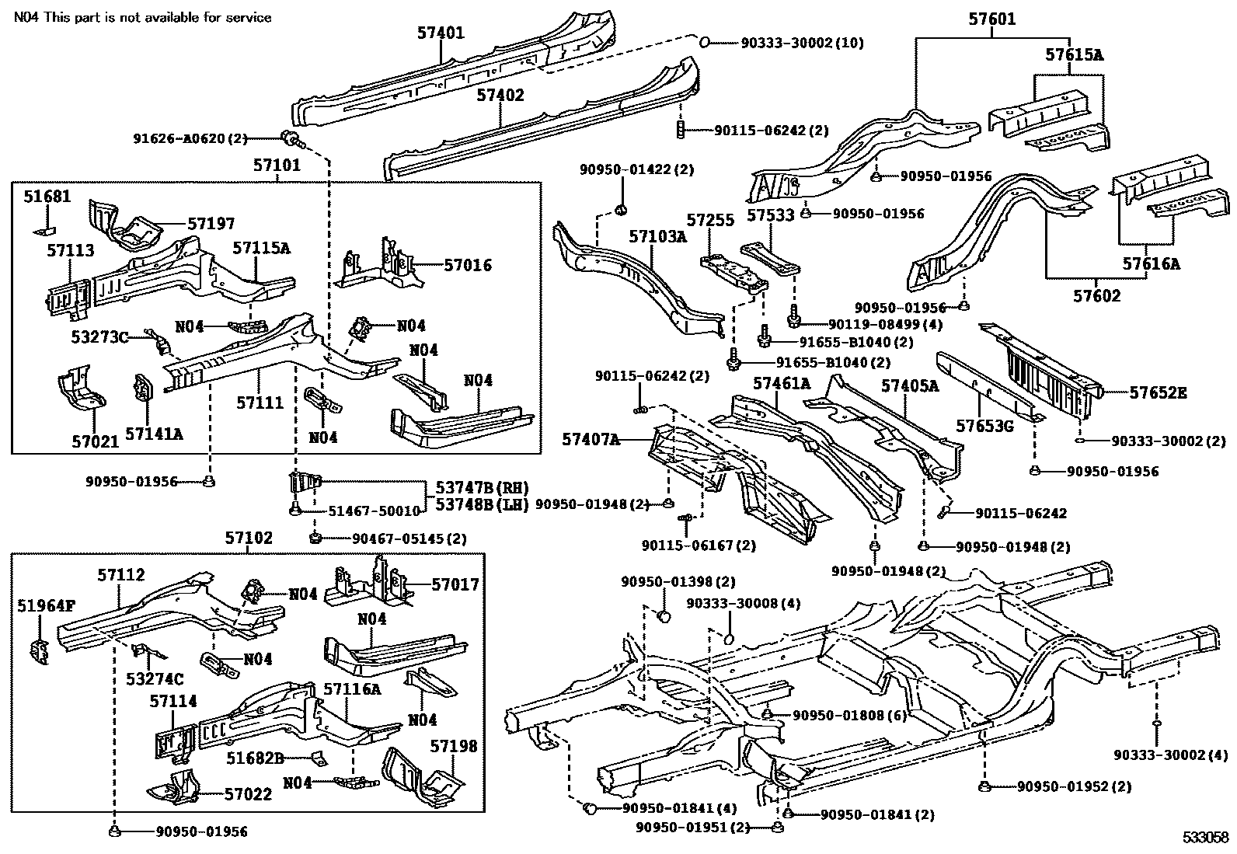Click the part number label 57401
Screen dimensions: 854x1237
(x=441, y=33)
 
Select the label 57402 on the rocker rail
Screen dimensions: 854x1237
(x=500, y=96)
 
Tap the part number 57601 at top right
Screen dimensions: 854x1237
(x=992, y=19)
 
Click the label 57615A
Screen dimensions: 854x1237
(x=1075, y=55)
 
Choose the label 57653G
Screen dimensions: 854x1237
(x=984, y=427)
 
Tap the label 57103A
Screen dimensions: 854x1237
(x=658, y=236)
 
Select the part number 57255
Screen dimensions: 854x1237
(x=710, y=220)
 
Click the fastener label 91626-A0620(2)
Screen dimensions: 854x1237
(x=190, y=138)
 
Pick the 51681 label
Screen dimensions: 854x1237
(x=47, y=197)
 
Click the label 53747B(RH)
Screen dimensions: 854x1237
(x=482, y=488)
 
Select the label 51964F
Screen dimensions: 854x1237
(x=47, y=605)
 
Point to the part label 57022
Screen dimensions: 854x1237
(x=248, y=794)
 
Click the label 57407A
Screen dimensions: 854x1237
(x=591, y=441)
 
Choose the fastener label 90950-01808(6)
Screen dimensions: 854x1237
(x=850, y=715)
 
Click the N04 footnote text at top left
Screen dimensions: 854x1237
(x=143, y=17)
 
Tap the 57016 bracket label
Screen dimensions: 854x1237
(x=468, y=265)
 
